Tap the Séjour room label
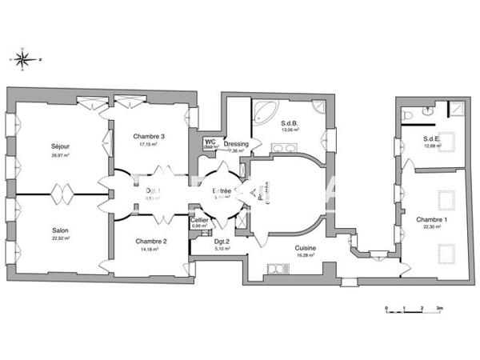(x=60, y=146)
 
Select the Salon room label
(x=60, y=230)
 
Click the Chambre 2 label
(x=150, y=241)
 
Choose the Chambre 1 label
(x=432, y=219)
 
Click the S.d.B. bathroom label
(x=290, y=122)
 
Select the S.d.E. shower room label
(x=433, y=138)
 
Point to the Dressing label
(x=238, y=144)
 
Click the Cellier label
(x=199, y=218)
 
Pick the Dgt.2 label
(x=222, y=241)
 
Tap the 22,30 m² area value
(x=432, y=226)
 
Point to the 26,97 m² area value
(x=60, y=154)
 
